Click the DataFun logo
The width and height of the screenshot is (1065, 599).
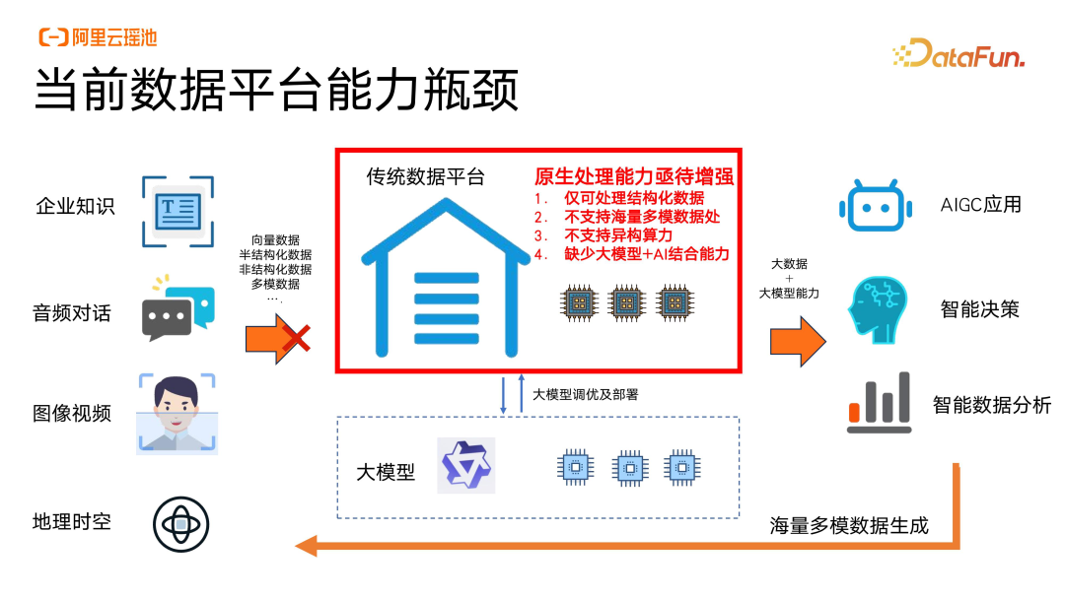tap(958, 53)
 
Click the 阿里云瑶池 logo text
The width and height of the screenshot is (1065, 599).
tap(98, 37)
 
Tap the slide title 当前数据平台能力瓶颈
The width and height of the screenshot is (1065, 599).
tap(276, 93)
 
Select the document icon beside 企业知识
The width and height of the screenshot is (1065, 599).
tap(177, 209)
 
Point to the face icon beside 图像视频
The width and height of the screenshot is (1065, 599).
tap(177, 412)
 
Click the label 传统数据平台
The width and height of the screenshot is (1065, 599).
tap(426, 177)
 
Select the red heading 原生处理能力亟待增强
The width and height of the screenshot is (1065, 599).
tap(634, 177)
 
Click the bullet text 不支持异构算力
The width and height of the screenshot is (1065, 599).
tap(618, 235)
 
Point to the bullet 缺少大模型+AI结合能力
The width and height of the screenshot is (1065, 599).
tap(646, 254)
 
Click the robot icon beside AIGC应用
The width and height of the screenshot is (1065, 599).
tap(870, 206)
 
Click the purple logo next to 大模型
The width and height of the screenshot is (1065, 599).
tap(467, 466)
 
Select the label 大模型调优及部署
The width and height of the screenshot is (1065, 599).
tap(586, 394)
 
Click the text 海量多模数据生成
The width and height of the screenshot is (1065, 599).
tap(849, 525)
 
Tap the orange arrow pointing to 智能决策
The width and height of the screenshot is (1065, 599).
tap(798, 341)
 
